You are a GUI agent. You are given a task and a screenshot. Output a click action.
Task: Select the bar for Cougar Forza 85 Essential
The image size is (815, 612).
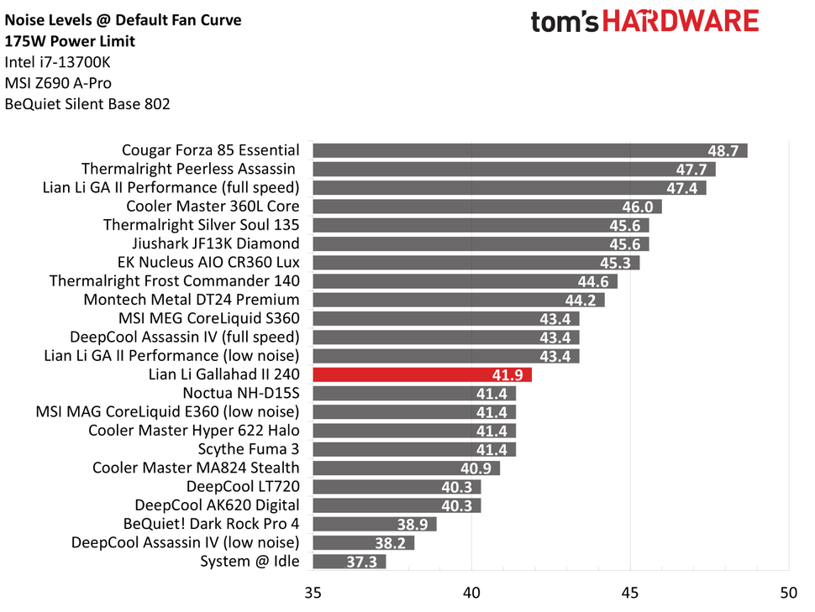click(x=529, y=150)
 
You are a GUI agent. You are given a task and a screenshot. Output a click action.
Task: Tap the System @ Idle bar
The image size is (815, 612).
click(x=349, y=562)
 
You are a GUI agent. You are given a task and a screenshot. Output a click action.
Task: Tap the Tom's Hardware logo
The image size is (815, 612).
click(x=644, y=22)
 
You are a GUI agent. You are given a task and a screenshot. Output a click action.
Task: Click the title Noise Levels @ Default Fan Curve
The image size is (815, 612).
click(x=123, y=20)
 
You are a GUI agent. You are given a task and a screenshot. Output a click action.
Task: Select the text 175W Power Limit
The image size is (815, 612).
click(x=70, y=41)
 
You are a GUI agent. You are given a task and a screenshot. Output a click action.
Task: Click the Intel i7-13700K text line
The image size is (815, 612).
click(x=56, y=62)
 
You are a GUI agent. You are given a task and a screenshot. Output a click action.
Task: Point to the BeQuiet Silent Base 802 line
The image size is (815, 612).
click(x=87, y=104)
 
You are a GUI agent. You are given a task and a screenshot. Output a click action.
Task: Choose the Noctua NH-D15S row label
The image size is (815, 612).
click(x=240, y=393)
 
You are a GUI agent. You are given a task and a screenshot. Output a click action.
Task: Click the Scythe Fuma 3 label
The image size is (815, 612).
click(x=249, y=449)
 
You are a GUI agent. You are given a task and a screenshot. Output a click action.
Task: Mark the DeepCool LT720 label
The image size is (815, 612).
click(x=243, y=487)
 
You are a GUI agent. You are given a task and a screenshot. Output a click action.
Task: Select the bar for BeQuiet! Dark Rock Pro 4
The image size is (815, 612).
click(x=374, y=525)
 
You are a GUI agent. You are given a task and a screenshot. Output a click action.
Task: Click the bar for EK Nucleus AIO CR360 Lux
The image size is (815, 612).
click(x=476, y=263)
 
